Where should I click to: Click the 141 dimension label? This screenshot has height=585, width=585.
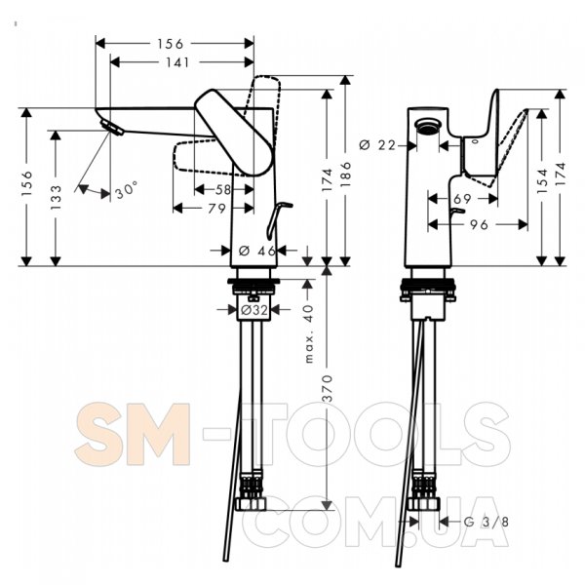(177, 62)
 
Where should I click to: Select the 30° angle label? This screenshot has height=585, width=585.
(126, 192)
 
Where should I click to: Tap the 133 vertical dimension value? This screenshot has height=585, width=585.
(56, 197)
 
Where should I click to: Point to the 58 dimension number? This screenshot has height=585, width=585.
(223, 189)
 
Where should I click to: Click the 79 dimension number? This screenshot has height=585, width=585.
(217, 209)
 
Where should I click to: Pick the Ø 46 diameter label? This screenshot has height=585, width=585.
(257, 251)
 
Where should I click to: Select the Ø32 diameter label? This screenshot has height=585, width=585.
(254, 310)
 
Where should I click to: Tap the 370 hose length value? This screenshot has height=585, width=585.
(327, 389)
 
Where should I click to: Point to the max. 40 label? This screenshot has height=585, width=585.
(309, 333)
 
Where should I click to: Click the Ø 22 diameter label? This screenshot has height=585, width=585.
(376, 144)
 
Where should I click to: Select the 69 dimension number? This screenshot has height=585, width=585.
(462, 199)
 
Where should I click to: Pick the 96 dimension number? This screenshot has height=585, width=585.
(479, 224)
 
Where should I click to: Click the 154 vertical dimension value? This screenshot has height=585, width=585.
(542, 180)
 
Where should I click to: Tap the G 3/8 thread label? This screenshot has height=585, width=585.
(486, 522)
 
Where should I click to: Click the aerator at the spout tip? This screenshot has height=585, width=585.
(111, 128)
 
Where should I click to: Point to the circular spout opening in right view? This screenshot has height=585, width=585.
(428, 125)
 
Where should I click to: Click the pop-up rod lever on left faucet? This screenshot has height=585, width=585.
(278, 220)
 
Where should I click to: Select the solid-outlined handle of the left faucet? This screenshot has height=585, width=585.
(234, 133)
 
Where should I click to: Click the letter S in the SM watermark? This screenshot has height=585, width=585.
(97, 434)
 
